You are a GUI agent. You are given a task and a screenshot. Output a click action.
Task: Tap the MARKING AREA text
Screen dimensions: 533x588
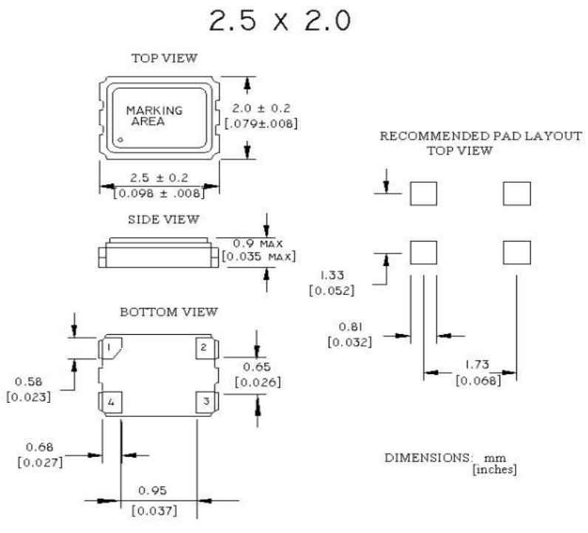(154, 116)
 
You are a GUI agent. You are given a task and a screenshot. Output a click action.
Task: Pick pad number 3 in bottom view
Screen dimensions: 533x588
(205, 402)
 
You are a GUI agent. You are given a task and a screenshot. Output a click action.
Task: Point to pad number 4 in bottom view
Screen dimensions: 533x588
(110, 402)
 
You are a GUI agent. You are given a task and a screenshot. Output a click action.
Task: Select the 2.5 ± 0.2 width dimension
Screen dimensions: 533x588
(160, 177)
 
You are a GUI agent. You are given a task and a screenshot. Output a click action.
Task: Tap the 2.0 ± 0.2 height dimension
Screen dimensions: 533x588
(261, 108)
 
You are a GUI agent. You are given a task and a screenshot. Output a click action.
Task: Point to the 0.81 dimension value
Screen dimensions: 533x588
(348, 327)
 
